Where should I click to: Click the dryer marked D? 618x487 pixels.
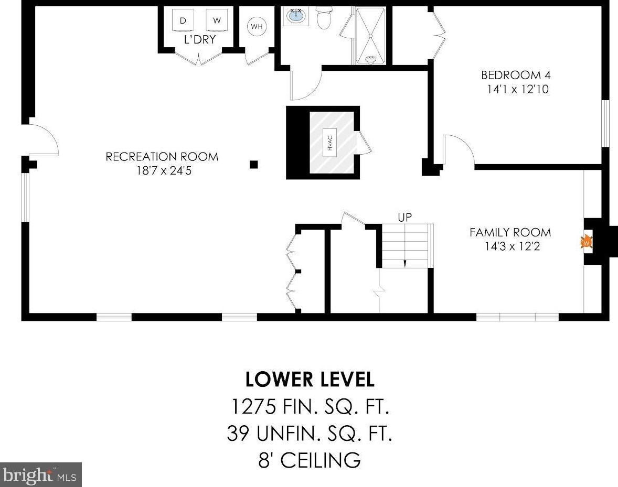pos(183,20)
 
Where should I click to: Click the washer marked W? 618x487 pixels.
pos(217,20)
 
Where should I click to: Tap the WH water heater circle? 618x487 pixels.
pos(257,26)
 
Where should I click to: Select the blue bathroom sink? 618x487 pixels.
pos(296,16)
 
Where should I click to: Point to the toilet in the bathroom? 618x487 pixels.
pos(324,18)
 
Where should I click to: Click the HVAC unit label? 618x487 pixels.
pos(330,143)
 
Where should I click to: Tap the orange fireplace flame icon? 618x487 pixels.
pos(587,241)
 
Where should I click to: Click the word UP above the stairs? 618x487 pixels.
pos(405,218)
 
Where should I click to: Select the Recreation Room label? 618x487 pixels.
pos(162,157)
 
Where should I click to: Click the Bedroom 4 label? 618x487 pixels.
pos(516,75)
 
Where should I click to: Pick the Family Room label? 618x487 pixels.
pos(510,232)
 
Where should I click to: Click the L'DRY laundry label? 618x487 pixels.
pos(200,39)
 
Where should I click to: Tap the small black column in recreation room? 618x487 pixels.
pos(254,165)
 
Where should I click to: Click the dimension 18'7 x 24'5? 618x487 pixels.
pos(164,171)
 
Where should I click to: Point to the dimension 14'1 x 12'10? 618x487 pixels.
pos(518,89)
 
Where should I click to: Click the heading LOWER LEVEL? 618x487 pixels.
pos(310,379)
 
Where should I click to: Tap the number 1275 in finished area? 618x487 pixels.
pos(253,407)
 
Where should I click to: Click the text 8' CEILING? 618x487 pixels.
pos(310,460)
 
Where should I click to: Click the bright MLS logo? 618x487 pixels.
pos(40,475)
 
